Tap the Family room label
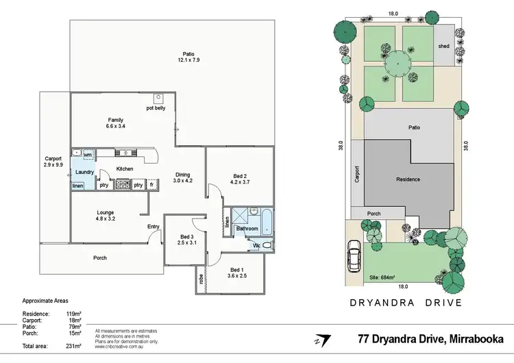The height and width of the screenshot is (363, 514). point(115,120)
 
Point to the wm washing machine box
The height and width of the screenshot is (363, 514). point(88,155)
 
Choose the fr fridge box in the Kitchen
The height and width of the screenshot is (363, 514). point(151,184)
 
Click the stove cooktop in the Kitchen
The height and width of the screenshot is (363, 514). point(123,184)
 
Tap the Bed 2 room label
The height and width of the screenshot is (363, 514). point(238,176)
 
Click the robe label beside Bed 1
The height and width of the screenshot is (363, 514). point(201,279)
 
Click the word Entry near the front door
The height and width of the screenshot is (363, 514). point(154,227)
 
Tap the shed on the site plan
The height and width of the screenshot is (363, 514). point(444,46)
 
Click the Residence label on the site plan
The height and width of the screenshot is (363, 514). point(408,179)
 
